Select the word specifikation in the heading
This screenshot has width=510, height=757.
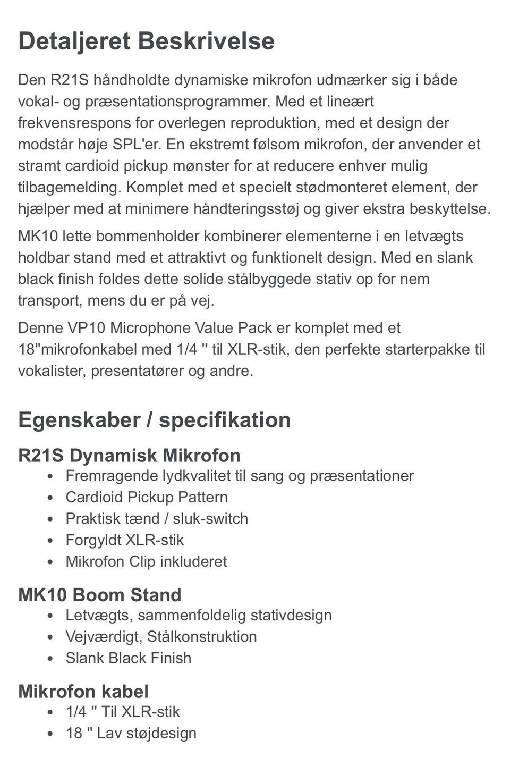[225, 420]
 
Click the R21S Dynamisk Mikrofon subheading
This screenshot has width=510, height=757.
[129, 456]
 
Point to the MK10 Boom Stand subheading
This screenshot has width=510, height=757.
[100, 595]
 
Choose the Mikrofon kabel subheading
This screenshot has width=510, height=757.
[83, 692]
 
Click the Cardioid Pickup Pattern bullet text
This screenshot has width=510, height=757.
[147, 497]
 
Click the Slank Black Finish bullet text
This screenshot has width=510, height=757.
[129, 658]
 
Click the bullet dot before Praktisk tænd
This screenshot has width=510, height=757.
[50, 519]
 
